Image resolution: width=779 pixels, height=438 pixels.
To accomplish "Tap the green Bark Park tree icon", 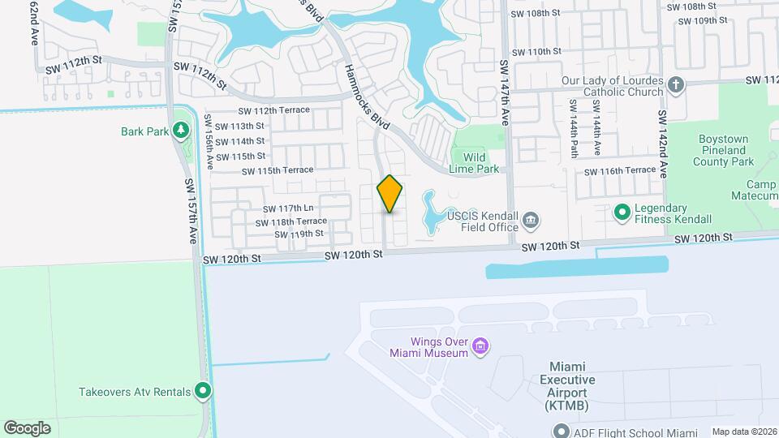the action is (180, 130).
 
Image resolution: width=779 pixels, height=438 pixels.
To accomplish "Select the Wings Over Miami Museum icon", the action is (480, 347).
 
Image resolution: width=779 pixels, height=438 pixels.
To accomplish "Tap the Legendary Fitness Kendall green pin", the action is (622, 213).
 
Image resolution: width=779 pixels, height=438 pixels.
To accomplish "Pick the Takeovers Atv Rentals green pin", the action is (204, 392).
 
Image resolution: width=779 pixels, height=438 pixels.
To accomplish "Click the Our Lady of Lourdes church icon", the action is (676, 84).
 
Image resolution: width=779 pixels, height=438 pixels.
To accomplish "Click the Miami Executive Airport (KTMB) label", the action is (568, 386).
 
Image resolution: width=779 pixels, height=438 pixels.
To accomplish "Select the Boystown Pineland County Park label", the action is (724, 151).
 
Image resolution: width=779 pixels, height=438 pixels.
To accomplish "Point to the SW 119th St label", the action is (299, 234).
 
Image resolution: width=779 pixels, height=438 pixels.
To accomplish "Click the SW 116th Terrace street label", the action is (619, 170).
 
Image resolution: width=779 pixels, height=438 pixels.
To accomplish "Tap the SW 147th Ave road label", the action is (504, 92).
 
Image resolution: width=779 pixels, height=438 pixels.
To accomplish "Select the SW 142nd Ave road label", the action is (662, 144).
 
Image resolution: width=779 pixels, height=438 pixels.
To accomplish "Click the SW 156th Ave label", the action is (209, 143).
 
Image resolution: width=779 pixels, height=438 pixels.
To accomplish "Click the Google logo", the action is (27, 427).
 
